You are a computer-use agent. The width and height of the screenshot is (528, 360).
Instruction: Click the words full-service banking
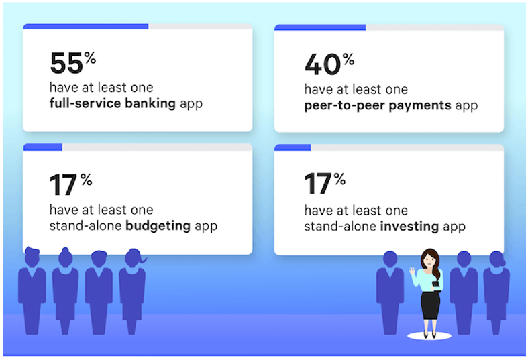112,104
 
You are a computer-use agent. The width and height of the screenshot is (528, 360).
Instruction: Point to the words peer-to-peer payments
376,105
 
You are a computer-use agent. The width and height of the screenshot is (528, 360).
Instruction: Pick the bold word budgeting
158,226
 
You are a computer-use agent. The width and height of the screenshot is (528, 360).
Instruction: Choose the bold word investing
409,226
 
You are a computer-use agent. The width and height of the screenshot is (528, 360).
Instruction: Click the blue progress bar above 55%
85,27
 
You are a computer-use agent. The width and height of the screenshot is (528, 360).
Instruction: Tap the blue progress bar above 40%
320,27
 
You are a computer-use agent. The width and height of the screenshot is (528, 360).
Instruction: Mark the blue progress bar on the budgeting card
42,147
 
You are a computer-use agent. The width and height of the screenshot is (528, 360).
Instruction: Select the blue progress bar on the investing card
293,147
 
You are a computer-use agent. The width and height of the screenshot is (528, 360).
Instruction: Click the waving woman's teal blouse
430,280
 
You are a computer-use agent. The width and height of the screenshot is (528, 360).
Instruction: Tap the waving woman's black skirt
430,306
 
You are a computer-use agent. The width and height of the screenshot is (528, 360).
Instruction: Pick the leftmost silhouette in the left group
32,288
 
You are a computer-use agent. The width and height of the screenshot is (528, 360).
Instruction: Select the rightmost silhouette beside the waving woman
496,288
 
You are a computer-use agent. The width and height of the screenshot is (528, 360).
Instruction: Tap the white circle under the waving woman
429,336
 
